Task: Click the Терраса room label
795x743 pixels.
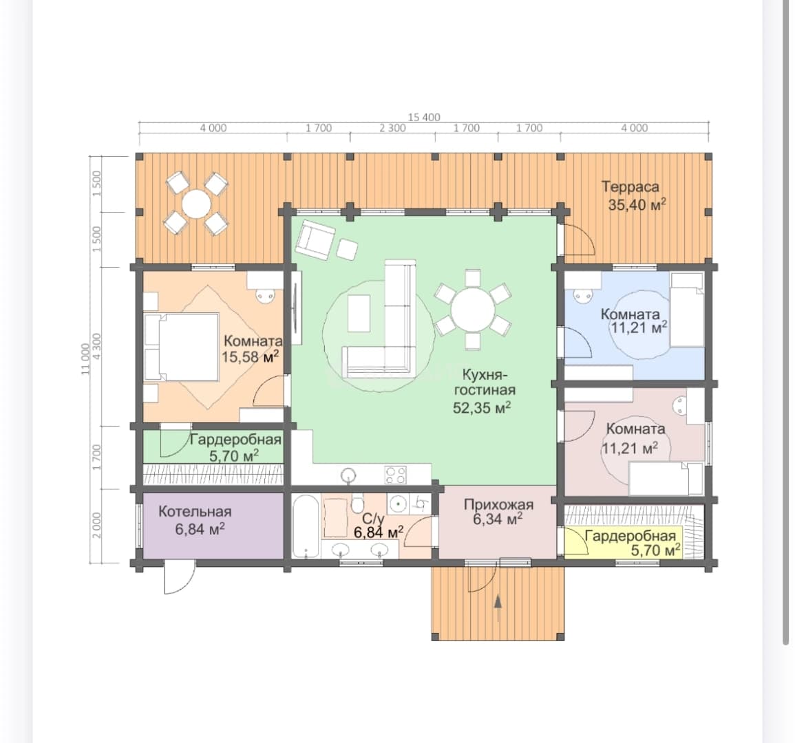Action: pos(630,187)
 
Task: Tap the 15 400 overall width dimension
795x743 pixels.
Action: pos(424,118)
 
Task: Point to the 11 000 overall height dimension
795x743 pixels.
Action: pos(85,359)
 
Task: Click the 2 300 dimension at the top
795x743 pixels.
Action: pos(392,128)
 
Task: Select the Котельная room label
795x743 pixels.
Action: pos(195,511)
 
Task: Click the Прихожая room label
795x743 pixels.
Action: pos(498,505)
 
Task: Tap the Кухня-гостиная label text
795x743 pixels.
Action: pos(484,382)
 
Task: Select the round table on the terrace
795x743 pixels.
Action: pos(197,204)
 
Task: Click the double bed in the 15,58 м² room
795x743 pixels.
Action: pos(181,347)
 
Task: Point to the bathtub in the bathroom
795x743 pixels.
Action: pos(306,527)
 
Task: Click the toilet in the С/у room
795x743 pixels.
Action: pos(357,503)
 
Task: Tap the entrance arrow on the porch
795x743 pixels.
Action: pos(498,607)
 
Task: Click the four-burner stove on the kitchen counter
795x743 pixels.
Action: pos(396,475)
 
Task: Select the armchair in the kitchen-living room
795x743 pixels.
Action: pos(315,239)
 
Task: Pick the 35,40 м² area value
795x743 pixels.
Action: pos(637,205)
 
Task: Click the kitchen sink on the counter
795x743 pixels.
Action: pos(348,475)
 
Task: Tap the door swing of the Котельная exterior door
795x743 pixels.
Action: pos(180,577)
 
